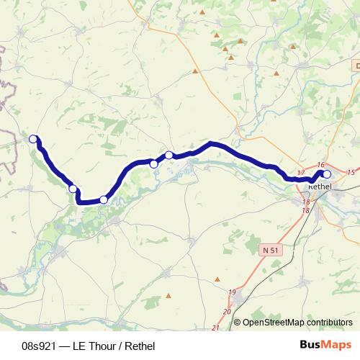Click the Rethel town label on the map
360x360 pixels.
tap(319, 187)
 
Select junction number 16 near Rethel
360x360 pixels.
tap(321, 166)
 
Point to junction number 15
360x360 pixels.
tap(350, 173)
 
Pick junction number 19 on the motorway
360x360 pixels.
tap(232, 292)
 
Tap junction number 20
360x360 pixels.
tap(226, 311)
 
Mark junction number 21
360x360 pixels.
tap(215, 328)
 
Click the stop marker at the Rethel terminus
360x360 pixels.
tap(326, 174)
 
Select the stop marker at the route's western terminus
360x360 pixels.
tap(32, 139)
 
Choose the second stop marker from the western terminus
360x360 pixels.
tap(73, 189)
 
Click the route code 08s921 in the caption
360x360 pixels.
tap(39, 346)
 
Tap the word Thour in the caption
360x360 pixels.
tap(96, 346)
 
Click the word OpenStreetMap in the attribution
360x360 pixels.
tap(274, 323)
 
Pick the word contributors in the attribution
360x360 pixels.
tap(329, 323)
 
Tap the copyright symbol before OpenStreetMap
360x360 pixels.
tap(238, 323)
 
